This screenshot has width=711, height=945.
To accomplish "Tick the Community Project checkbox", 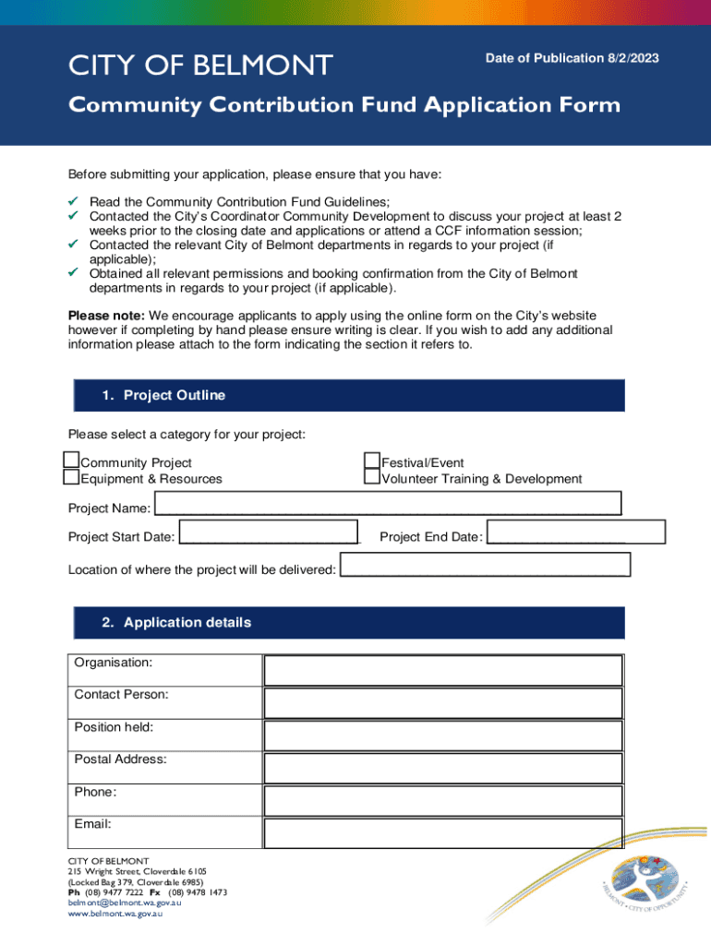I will point(71,460).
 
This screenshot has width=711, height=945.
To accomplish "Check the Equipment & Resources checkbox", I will point(71,477).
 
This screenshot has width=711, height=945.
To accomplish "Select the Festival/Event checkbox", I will point(372,460).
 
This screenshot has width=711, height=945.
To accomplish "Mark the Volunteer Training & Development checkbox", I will point(372,477).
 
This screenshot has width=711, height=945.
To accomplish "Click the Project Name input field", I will point(388,504).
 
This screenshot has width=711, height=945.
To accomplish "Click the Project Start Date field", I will point(268,533).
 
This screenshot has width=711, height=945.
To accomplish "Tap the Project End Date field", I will point(575,532).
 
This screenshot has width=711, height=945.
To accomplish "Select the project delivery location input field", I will point(485,565).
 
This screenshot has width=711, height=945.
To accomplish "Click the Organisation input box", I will point(443,671).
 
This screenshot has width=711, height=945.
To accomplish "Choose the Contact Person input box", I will point(443,703).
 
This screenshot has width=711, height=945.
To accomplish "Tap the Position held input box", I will point(443,736).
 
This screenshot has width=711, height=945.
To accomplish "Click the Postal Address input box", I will point(443,768).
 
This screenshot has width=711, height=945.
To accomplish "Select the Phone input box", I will point(443,800).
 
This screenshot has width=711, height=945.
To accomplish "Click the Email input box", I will point(443,832).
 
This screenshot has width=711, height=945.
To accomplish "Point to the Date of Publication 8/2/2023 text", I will point(572,58).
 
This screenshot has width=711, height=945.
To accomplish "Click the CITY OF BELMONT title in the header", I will point(200,66).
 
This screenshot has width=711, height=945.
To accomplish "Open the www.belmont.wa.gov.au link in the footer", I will point(115,914).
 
